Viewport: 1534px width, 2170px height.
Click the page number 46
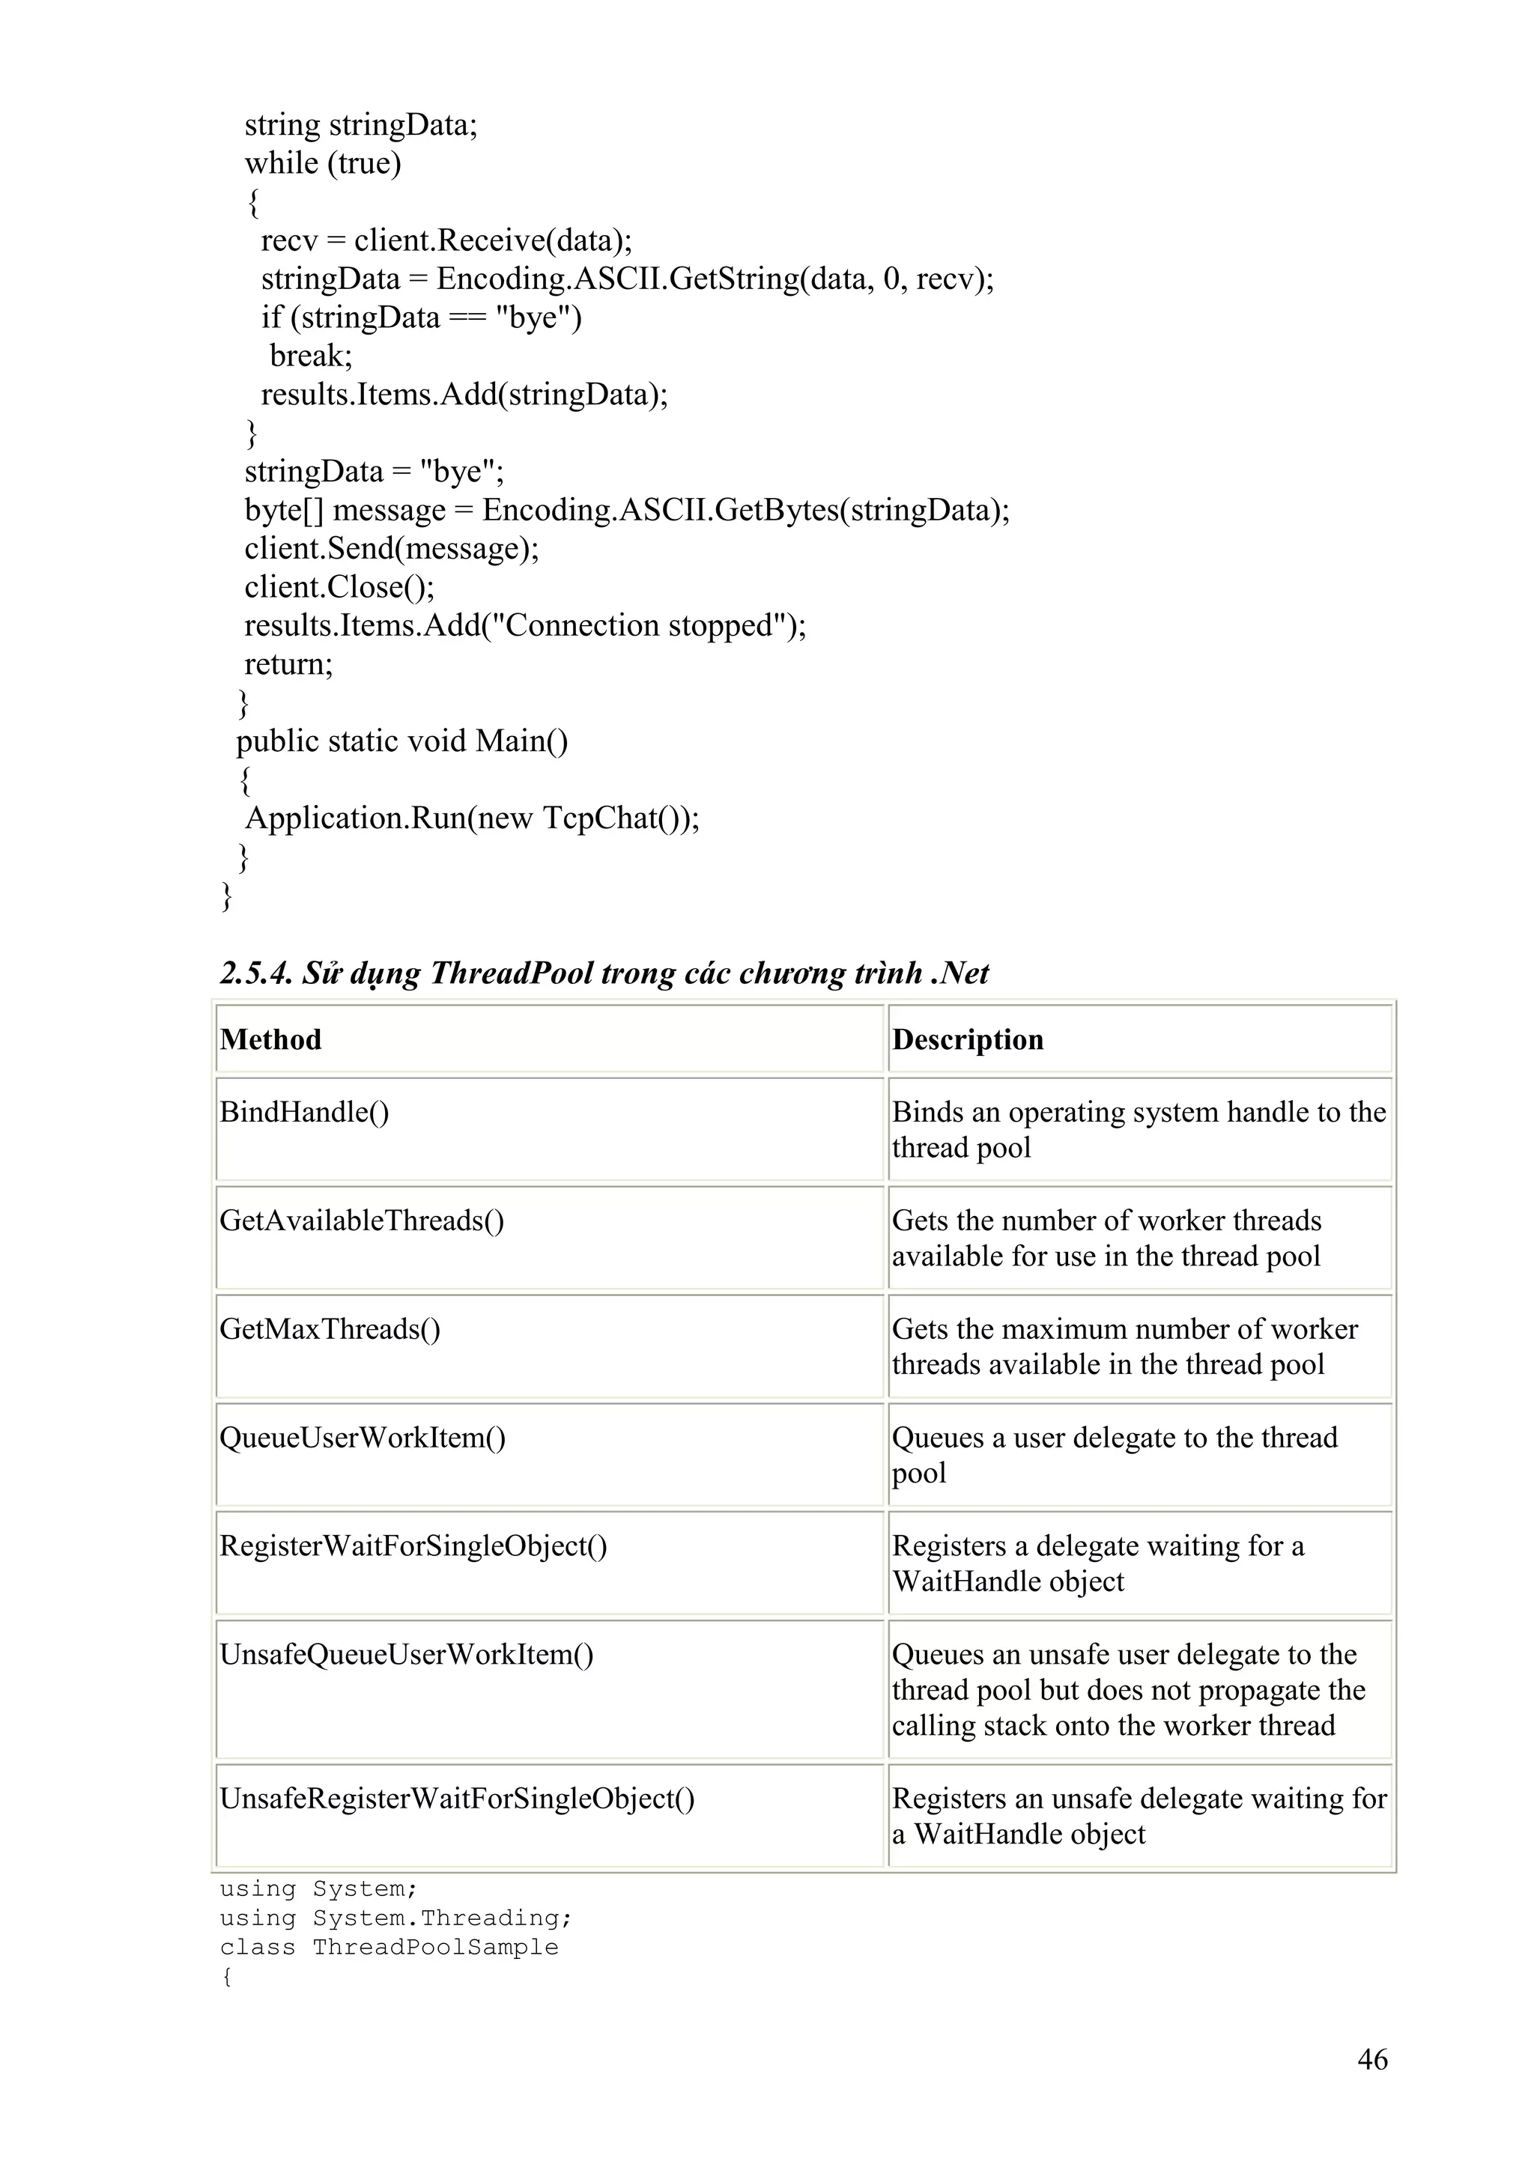(x=1371, y=2058)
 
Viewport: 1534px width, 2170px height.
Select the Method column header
(x=270, y=1039)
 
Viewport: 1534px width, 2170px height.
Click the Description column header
(x=967, y=1039)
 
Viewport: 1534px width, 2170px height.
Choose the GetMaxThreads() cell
(x=329, y=1329)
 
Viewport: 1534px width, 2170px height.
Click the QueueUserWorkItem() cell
(x=362, y=1438)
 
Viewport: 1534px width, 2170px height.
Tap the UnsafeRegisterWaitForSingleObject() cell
(x=456, y=1798)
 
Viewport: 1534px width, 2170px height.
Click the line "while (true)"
(x=322, y=163)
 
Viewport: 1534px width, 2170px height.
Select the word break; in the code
(x=311, y=356)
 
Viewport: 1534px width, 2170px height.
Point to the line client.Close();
(x=339, y=587)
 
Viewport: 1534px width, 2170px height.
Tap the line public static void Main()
(x=401, y=741)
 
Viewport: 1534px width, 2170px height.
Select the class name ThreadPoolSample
(x=434, y=1947)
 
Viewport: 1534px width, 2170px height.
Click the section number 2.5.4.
(x=255, y=973)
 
